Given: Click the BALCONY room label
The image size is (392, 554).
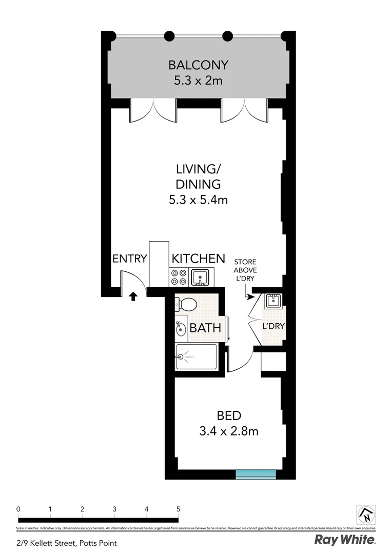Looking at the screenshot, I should click(198, 65).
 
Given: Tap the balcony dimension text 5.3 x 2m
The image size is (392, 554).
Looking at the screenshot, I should click(198, 81).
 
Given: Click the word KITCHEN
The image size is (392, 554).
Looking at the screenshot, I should click(198, 258).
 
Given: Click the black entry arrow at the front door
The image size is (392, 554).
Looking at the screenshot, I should click(133, 296).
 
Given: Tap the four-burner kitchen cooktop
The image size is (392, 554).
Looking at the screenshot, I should click(179, 278).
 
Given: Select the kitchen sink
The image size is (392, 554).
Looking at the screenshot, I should click(200, 278).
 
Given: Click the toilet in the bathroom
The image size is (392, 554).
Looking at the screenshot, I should click(186, 305).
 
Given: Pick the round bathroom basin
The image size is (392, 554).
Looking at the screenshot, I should click(181, 328).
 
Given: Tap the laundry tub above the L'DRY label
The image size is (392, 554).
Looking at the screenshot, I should click(272, 302).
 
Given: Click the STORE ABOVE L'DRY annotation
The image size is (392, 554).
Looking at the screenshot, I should click(245, 270).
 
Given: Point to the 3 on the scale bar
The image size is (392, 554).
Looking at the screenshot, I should click(114, 509).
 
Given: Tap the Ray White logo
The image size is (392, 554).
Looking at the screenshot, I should click(345, 540).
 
